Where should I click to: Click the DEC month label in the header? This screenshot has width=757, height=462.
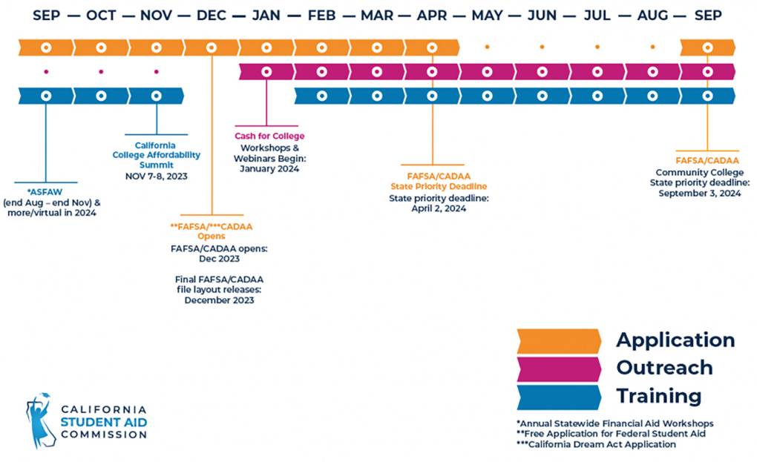(212, 16)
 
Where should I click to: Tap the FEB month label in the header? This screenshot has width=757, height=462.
(321, 16)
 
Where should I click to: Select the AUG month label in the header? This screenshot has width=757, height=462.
(652, 16)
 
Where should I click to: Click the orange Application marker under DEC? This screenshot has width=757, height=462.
(212, 47)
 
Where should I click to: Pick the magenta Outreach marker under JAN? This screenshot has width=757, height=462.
(266, 72)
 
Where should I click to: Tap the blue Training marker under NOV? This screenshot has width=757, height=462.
(157, 96)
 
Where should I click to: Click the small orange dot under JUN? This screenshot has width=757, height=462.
(543, 47)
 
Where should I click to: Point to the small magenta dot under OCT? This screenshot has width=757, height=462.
(101, 72)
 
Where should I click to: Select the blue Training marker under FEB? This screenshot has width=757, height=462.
(321, 96)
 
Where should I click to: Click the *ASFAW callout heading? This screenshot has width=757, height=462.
(45, 192)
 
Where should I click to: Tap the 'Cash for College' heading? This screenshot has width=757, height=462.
(269, 136)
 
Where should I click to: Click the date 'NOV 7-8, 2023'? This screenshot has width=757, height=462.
(157, 176)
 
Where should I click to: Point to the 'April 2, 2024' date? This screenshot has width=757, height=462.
(439, 208)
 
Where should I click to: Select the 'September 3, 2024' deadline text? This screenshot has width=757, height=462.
(700, 194)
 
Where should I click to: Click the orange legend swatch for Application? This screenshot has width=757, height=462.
(559, 341)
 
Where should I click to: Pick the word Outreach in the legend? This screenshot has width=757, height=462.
(664, 368)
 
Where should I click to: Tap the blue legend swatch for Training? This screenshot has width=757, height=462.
(559, 397)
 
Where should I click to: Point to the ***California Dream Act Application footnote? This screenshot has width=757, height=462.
(596, 444)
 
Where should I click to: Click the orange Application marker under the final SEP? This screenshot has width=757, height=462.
(708, 47)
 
